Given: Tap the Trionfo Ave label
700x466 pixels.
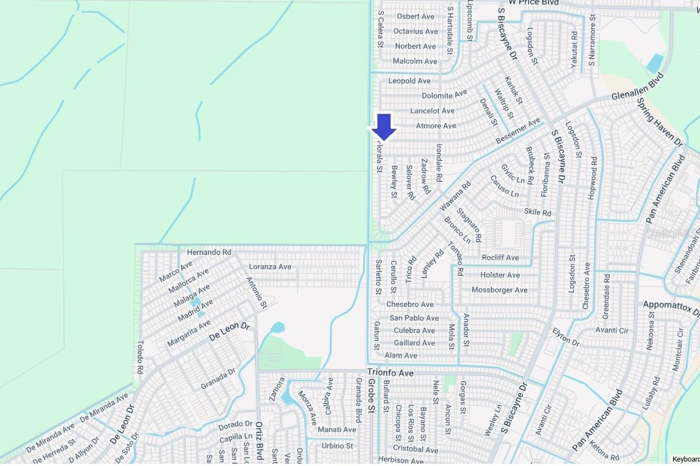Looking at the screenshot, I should (390, 373).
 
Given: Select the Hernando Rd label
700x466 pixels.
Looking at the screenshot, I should (209, 252).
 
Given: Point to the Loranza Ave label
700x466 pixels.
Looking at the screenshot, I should (269, 266).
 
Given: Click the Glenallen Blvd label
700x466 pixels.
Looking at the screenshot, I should (637, 88).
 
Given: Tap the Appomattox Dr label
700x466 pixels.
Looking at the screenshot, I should (671, 308).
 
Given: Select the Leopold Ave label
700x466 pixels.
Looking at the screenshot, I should (409, 81).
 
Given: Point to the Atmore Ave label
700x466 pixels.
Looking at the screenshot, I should (435, 125).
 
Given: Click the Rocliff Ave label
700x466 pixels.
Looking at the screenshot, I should (500, 258).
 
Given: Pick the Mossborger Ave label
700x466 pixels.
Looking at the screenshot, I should (499, 290).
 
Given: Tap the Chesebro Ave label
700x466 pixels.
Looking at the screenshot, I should (409, 304).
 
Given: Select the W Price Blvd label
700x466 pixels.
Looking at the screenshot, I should (534, 3).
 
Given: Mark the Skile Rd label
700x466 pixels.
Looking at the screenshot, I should (537, 212).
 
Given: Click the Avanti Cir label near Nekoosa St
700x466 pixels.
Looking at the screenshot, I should (611, 331).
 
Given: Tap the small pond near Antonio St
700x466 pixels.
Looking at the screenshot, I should (277, 328).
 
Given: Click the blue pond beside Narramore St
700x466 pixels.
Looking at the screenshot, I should (654, 64).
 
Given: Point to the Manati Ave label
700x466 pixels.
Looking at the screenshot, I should (336, 430).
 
